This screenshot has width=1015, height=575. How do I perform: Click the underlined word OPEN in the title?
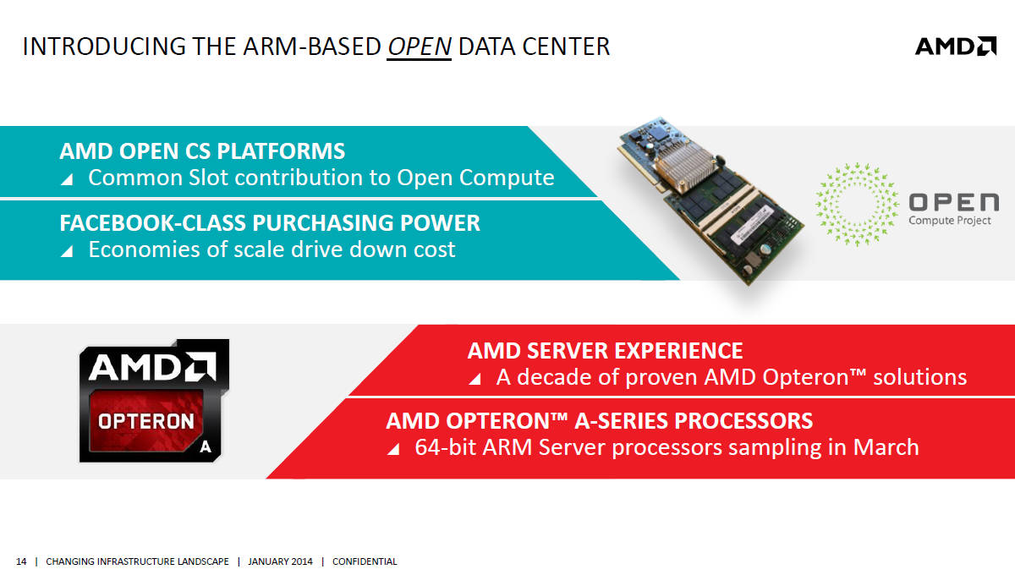pos(420,47)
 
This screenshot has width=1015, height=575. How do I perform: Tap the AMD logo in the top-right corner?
pos(956,47)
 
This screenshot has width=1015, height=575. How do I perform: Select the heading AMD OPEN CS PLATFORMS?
pos(202,151)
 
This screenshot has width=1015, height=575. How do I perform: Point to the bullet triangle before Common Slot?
pos(67,179)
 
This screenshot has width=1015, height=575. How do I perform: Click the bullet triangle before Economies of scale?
pos(67,251)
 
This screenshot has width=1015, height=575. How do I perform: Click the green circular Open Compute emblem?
pos(857,205)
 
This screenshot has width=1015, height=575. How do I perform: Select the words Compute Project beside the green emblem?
pos(950,221)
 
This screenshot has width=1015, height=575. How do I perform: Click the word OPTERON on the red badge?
pos(145,421)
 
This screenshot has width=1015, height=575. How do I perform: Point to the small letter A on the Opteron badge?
pos(206,447)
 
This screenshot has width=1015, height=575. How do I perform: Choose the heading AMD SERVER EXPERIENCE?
pos(605,351)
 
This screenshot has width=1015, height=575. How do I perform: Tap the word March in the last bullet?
pos(886,447)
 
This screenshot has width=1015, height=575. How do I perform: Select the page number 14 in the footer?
pos(21,561)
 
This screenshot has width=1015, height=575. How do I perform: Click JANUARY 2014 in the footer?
pos(280,561)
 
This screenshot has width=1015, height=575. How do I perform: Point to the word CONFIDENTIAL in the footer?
pos(365,561)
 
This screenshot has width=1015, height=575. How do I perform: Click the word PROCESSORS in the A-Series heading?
pos(743,421)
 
